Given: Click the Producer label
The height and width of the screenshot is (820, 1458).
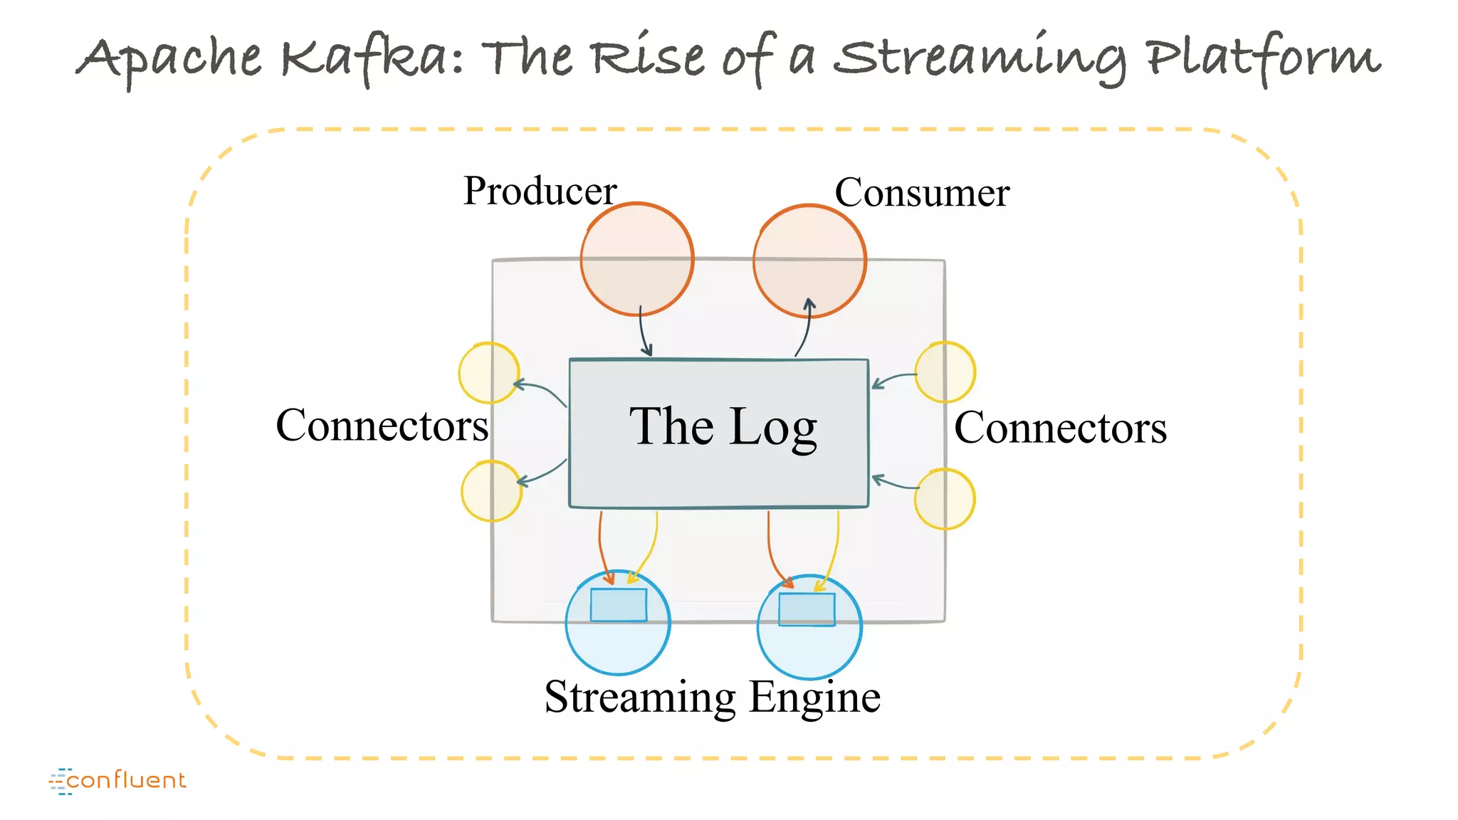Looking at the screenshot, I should (540, 191).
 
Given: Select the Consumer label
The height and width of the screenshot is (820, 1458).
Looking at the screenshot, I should (922, 193).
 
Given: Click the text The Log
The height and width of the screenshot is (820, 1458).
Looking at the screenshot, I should (723, 427).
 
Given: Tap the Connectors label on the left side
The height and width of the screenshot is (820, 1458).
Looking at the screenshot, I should (382, 426).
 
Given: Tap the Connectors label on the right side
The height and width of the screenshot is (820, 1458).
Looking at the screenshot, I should (1060, 428).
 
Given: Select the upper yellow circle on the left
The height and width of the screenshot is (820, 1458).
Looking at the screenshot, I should (488, 373).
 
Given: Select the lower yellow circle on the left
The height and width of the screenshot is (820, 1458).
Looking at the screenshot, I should (491, 491).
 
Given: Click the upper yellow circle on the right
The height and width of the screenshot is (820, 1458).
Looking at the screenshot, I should (945, 372).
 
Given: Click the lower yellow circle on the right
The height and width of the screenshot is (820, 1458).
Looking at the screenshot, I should (944, 499).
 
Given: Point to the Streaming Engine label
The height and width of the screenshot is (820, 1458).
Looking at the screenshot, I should (712, 697).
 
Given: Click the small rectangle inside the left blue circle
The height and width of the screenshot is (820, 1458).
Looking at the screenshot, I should (618, 605).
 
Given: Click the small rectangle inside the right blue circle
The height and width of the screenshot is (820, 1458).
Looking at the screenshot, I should (807, 609).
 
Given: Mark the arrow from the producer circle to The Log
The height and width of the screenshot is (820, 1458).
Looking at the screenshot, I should (644, 332).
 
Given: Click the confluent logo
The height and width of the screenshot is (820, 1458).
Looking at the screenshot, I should (117, 781).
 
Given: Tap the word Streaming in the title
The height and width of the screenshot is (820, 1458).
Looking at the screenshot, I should (979, 58).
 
